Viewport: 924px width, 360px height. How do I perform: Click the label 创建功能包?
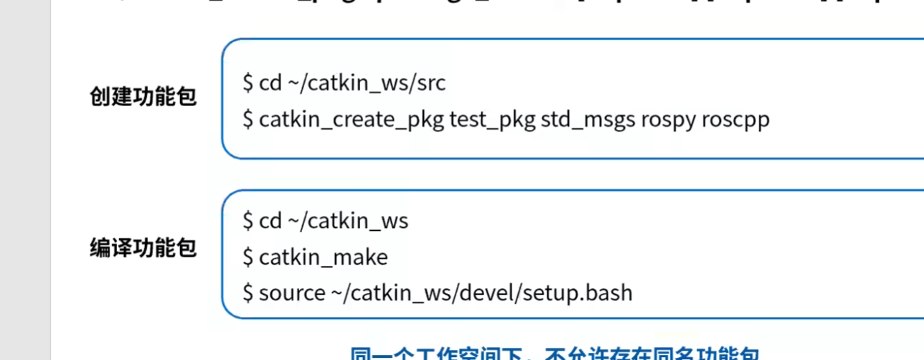(x=143, y=96)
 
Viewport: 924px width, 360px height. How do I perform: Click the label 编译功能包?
(x=143, y=248)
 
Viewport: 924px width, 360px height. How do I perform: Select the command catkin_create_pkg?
(x=352, y=119)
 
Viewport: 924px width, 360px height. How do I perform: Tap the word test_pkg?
(x=492, y=119)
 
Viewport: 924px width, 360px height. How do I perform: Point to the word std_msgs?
(x=588, y=119)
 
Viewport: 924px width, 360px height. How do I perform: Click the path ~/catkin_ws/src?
(x=367, y=83)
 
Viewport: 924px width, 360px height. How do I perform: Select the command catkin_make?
(x=323, y=257)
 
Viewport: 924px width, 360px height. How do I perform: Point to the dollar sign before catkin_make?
(x=248, y=257)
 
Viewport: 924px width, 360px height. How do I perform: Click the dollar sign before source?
(x=248, y=293)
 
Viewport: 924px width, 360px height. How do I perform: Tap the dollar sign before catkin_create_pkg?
(x=248, y=119)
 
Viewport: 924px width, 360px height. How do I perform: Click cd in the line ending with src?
(x=270, y=83)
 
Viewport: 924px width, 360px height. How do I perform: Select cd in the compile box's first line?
(x=270, y=221)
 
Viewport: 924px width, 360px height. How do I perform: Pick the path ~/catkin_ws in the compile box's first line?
(x=348, y=221)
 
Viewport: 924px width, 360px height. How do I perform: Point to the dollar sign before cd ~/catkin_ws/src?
(x=248, y=83)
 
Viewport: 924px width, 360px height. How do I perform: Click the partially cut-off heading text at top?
(x=502, y=6)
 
